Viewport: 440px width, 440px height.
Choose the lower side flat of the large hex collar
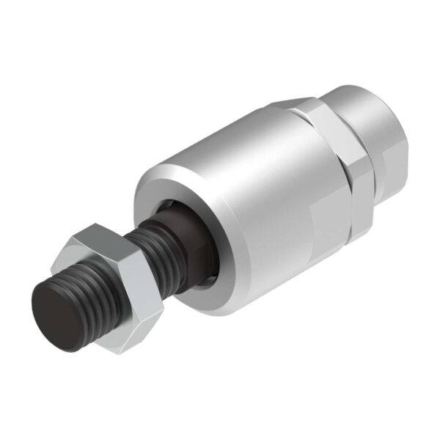click(x=359, y=213)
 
